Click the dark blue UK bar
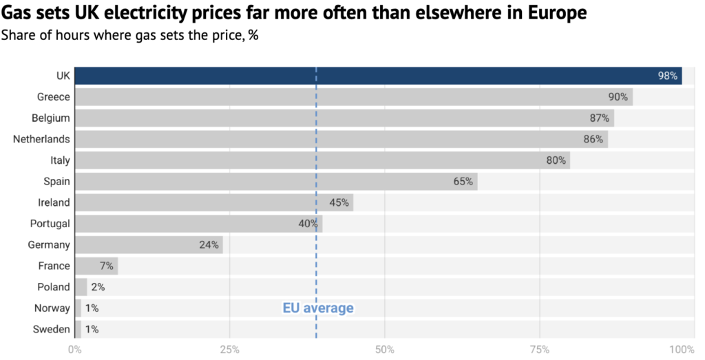point(377,76)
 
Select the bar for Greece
point(352,97)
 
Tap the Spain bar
point(275,182)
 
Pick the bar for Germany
point(148,244)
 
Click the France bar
point(96,266)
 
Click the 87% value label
point(600,118)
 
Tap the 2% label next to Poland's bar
point(98,287)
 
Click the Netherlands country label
point(41,139)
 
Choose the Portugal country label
point(50,224)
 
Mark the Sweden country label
point(52,330)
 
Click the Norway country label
point(52,308)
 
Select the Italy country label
point(60,160)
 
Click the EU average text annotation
point(318,308)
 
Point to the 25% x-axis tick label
point(229,350)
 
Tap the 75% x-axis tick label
point(540,350)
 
